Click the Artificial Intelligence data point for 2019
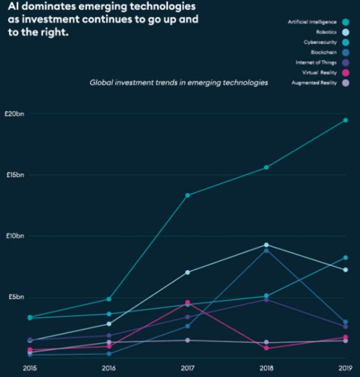[346, 120]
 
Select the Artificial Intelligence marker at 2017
[188, 195]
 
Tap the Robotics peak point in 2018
[266, 245]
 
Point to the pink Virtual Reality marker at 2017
[188, 303]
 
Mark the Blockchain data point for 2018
[266, 250]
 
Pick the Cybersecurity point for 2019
[346, 258]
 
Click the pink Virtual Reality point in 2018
[266, 348]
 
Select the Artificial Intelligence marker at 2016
[109, 299]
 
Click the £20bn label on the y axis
[13, 113]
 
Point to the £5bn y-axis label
[13, 297]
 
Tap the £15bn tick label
[13, 175]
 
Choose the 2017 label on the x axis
[188, 367]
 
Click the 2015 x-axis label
[29, 367]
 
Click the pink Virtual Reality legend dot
[345, 73]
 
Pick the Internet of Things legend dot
[345, 62]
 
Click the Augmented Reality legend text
[314, 82]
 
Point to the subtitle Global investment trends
[178, 82]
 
